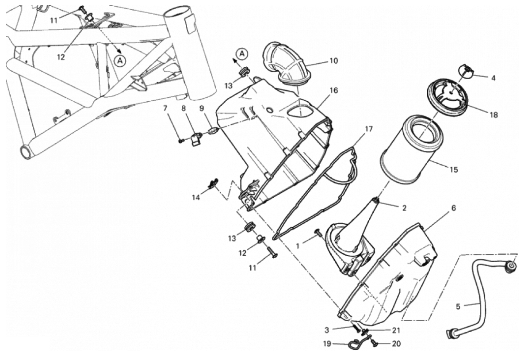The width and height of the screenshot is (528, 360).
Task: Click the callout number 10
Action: (x=333, y=61)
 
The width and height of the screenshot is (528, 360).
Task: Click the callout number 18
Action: (x=494, y=115)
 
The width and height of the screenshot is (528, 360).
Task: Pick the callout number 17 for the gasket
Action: (x=369, y=129)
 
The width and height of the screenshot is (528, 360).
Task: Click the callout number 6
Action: (x=454, y=208)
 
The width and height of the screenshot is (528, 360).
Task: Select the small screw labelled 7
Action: (x=181, y=141)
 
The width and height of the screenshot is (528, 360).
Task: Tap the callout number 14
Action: (x=196, y=198)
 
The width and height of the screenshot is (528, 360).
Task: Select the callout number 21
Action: (x=396, y=330)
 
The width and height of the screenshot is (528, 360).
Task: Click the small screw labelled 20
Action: (x=373, y=344)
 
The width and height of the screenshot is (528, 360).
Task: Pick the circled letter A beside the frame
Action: (x=119, y=61)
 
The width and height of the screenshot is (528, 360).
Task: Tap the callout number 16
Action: (x=333, y=90)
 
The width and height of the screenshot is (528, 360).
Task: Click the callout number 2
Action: (x=405, y=208)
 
